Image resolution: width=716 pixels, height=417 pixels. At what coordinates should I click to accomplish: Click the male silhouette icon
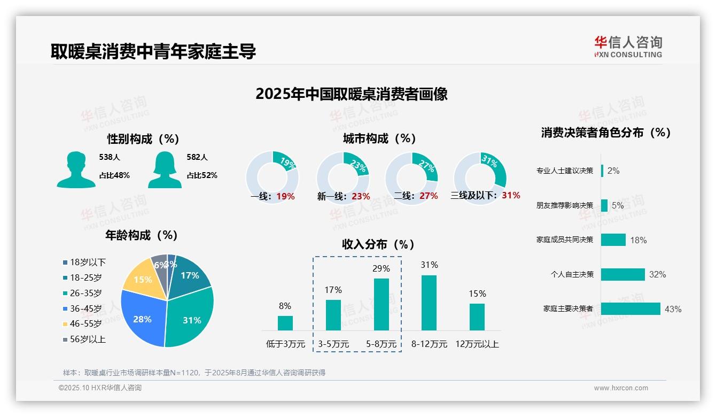(x=76, y=169)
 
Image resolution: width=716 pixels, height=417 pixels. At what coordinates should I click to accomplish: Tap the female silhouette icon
(x=165, y=169)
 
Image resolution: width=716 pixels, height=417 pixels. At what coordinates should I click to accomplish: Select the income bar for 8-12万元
(x=429, y=303)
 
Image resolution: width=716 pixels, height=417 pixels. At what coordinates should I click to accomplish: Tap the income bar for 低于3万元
(x=285, y=323)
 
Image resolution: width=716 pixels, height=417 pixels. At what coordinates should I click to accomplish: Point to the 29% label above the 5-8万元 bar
(x=381, y=268)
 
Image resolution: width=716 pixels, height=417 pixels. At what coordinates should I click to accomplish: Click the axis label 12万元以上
(x=477, y=344)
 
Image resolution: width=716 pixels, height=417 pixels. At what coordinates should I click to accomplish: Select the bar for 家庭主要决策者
(x=631, y=309)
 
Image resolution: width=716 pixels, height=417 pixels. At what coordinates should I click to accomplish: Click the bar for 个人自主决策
(x=622, y=274)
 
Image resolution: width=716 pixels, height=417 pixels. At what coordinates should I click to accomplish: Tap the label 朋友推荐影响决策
(x=565, y=205)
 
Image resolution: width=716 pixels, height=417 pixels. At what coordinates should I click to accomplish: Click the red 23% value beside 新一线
(x=361, y=196)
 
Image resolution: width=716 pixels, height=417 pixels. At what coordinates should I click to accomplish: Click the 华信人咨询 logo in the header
(x=628, y=47)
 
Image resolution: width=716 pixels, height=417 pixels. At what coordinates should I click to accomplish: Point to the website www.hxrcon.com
(x=620, y=388)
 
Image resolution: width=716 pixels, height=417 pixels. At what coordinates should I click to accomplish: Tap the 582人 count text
(x=198, y=157)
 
